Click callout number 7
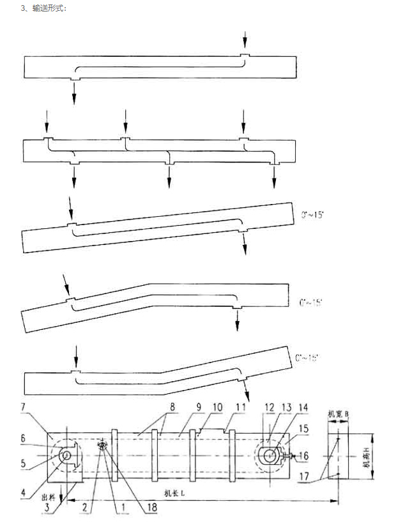pyautogui.click(x=22, y=407)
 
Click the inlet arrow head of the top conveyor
pyautogui.click(x=243, y=49)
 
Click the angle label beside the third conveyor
pyautogui.click(x=313, y=215)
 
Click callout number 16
pyautogui.click(x=302, y=455)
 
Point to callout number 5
pyautogui.click(x=22, y=461)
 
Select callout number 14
pyautogui.click(x=302, y=407)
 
